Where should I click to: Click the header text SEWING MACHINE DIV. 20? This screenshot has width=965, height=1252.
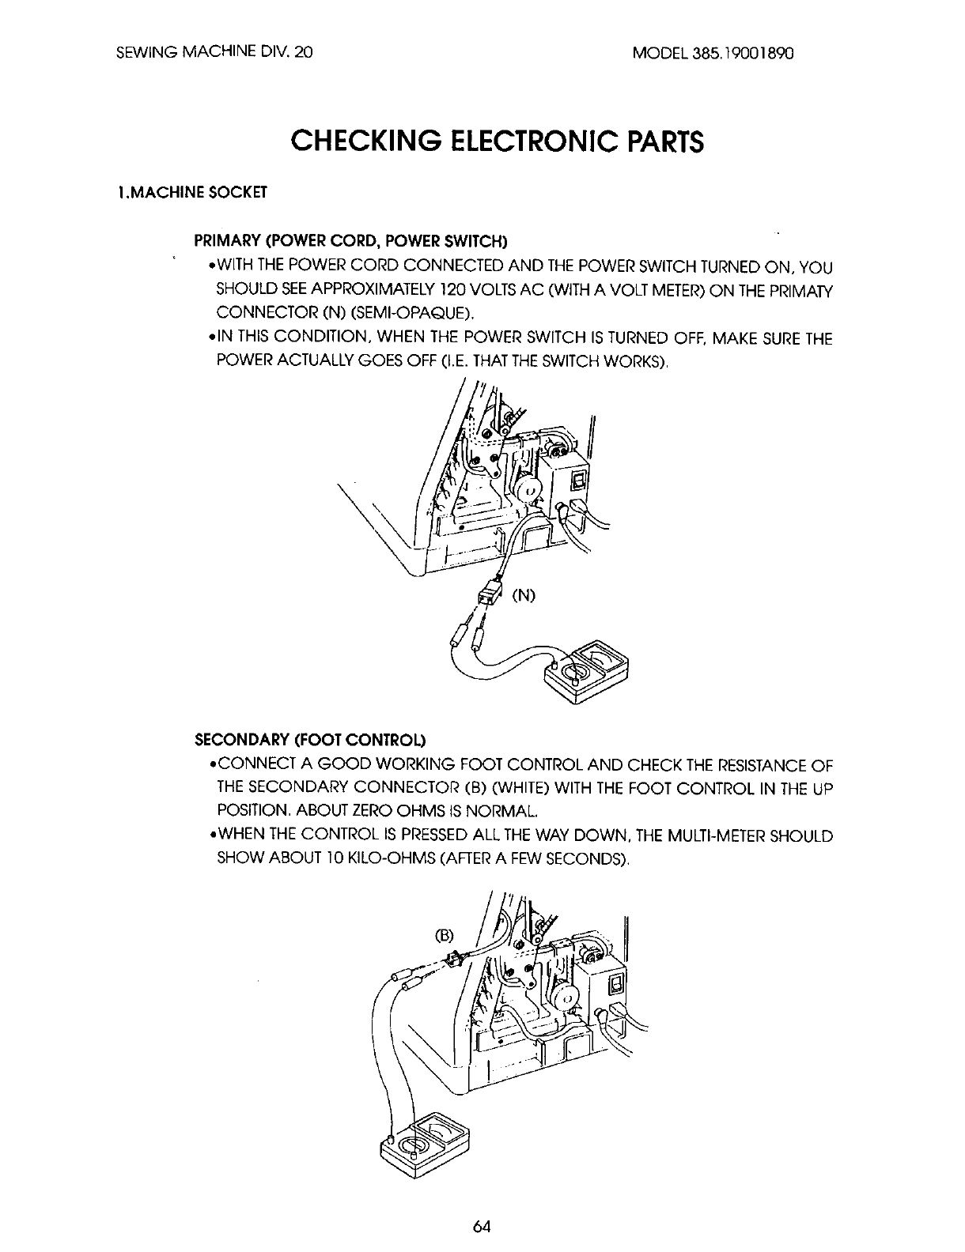214,53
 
